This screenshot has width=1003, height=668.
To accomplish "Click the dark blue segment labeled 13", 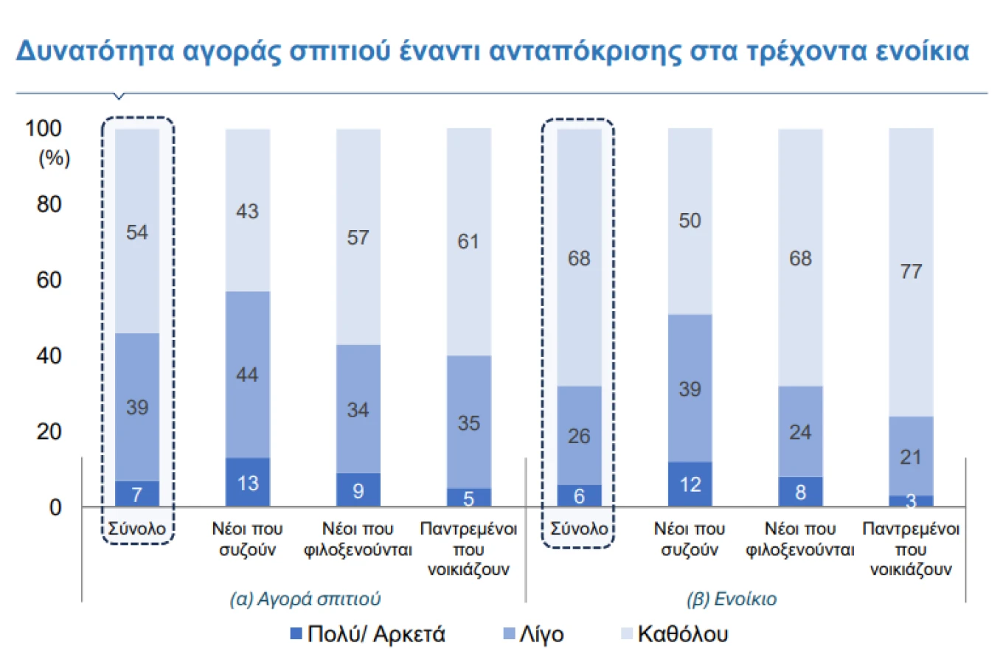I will (x=247, y=482).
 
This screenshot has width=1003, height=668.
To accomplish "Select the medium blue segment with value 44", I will (x=247, y=374).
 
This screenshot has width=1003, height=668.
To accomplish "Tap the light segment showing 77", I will (x=910, y=271).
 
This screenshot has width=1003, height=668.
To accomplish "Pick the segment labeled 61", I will (x=468, y=241).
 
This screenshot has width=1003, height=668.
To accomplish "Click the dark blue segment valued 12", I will (x=690, y=484).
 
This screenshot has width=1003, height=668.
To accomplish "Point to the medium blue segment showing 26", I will (x=579, y=436).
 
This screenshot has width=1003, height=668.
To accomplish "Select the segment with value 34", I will (x=358, y=409).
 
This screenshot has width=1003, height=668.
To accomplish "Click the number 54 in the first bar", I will (x=137, y=232).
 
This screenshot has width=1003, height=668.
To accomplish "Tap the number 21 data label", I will (x=910, y=457).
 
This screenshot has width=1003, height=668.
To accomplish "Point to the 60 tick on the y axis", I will (x=49, y=280).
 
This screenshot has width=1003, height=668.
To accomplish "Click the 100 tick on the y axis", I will (x=44, y=128).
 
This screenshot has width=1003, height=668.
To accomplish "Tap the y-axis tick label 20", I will (x=49, y=431).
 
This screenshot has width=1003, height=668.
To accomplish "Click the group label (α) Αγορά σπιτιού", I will (x=305, y=598).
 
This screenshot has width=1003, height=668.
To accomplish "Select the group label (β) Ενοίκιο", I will (x=731, y=598).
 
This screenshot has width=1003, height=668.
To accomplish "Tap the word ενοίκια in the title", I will (x=923, y=51).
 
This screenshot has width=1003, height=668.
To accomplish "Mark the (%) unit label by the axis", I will (x=54, y=158).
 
